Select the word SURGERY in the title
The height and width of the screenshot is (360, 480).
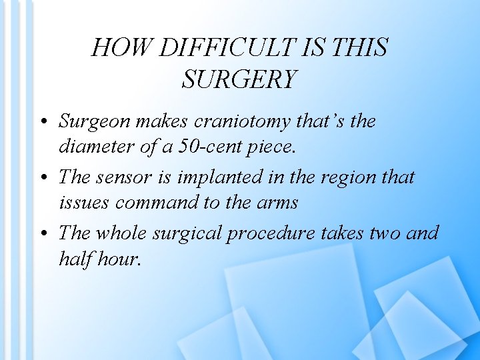239,80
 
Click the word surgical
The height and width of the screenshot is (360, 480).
189,234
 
